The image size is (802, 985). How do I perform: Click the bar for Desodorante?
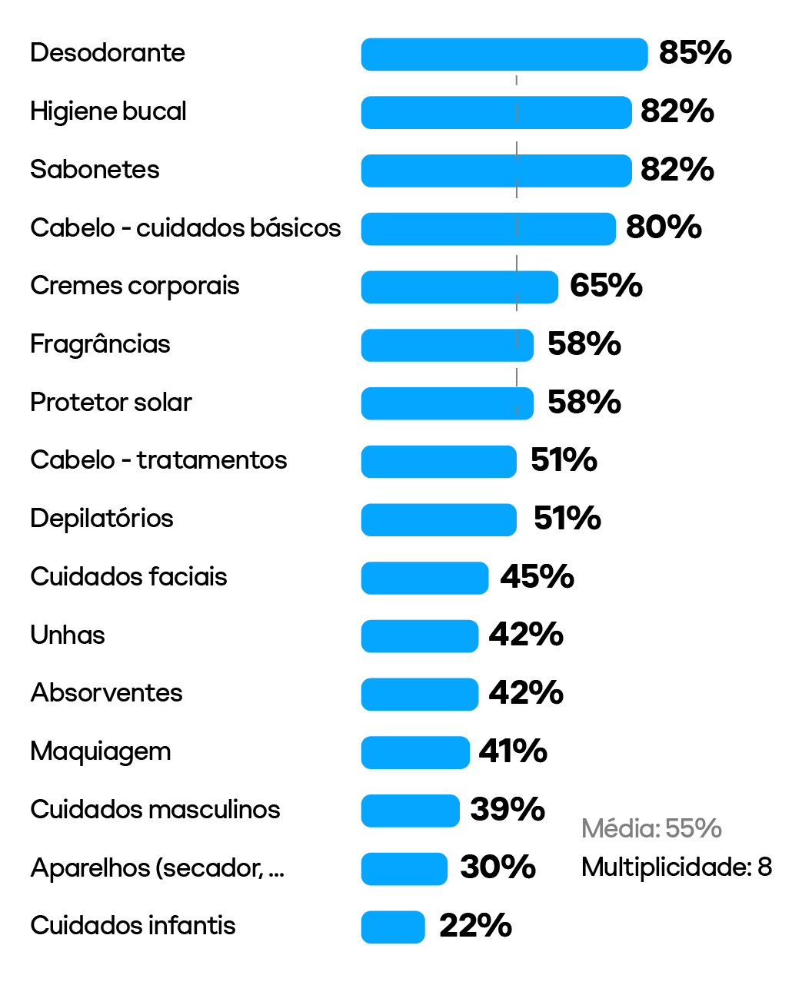tap(504, 55)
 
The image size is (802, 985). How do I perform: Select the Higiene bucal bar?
tap(496, 112)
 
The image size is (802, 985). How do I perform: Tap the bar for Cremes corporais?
tap(459, 287)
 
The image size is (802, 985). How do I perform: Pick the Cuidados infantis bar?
tap(393, 927)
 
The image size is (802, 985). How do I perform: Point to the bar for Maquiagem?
tap(415, 752)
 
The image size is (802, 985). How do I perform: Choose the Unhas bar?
tap(420, 636)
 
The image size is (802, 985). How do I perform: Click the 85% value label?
tap(695, 53)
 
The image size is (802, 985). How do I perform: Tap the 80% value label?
tap(664, 227)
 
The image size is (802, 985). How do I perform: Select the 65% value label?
tap(606, 286)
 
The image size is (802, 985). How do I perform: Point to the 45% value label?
tap(537, 576)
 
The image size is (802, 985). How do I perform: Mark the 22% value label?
tap(475, 926)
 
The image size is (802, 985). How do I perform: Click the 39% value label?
tap(507, 809)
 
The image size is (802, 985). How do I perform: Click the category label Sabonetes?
tap(95, 170)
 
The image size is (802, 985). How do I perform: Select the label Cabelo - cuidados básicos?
tap(185, 228)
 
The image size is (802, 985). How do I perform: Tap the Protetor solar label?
tap(111, 403)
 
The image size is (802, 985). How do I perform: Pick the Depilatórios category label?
tap(101, 519)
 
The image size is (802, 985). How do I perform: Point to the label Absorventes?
tap(106, 693)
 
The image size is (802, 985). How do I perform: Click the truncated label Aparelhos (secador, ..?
tap(157, 868)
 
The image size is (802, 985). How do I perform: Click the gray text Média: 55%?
tap(651, 828)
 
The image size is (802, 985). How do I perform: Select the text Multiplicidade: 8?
tap(677, 867)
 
